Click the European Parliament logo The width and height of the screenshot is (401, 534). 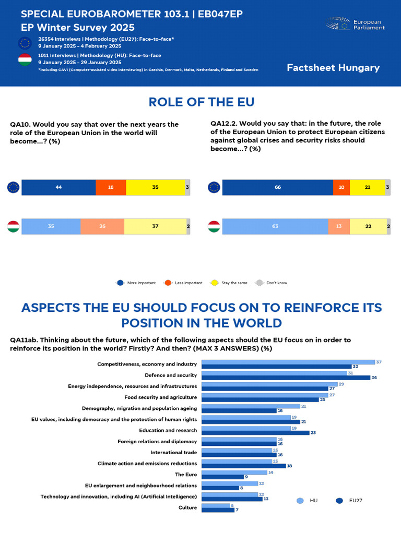[355, 24]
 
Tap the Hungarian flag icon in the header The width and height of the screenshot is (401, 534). [25, 60]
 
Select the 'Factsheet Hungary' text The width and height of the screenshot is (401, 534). [333, 68]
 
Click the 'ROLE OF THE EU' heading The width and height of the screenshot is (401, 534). [201, 102]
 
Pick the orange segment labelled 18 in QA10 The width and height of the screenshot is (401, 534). [111, 187]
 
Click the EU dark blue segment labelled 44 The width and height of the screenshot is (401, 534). [58, 187]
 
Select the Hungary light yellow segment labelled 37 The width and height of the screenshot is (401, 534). [155, 227]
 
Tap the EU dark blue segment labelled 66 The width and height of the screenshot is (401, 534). [277, 187]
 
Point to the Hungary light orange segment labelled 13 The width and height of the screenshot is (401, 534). [339, 227]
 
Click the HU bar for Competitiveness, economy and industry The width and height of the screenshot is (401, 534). [288, 362]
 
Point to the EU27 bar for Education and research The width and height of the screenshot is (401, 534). [255, 432]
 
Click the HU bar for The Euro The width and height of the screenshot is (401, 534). [233, 472]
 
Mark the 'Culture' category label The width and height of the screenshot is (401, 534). [187, 507]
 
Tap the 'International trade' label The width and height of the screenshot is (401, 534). [174, 452]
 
